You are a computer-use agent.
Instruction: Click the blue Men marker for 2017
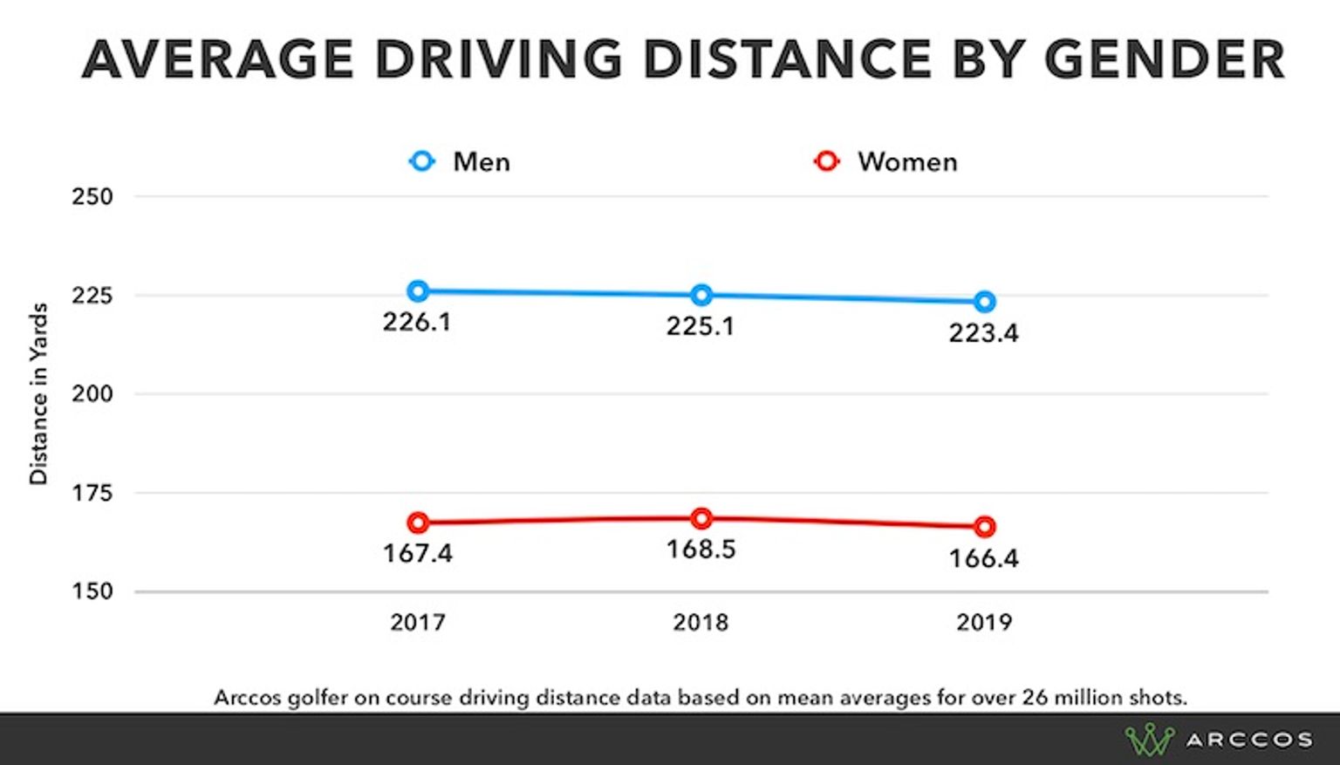[418, 291]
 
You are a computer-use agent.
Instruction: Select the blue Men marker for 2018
[701, 296]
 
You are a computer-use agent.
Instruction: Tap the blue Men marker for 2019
[984, 302]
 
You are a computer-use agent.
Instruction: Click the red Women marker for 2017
[418, 523]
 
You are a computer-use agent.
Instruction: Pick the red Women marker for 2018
[701, 519]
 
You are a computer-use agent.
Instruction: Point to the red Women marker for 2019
[984, 527]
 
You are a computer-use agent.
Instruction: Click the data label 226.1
[417, 323]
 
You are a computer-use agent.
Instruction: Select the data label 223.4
[983, 333]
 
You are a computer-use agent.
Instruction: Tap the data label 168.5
[701, 550]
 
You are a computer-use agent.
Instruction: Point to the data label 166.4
[983, 558]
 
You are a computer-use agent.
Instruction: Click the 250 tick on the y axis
[92, 197]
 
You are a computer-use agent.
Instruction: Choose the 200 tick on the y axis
[92, 394]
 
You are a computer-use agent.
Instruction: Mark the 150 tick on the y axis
[92, 591]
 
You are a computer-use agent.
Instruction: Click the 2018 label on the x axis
[701, 623]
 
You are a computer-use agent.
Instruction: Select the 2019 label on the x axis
[984, 623]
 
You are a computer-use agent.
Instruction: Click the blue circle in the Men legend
[422, 161]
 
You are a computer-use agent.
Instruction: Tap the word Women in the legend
[907, 162]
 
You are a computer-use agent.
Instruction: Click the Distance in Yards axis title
[38, 394]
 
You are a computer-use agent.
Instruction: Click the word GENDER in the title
[1164, 59]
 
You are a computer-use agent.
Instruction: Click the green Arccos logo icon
[1149, 740]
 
